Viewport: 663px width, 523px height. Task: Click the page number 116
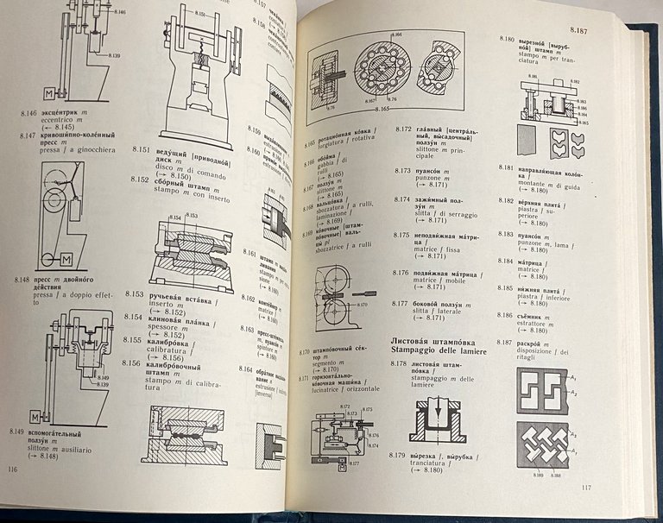click(x=12, y=469)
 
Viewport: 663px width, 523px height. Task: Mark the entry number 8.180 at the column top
click(x=507, y=41)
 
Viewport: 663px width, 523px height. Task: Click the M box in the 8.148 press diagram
click(x=66, y=259)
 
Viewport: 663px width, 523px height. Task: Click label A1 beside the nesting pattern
click(x=573, y=377)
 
